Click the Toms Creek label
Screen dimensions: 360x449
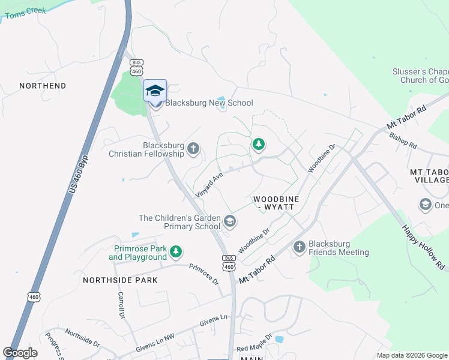tap(25, 11)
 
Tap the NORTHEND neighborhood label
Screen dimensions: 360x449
tap(43, 86)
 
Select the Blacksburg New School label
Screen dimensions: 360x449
tap(209, 103)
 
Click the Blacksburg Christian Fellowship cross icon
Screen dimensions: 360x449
tap(193, 148)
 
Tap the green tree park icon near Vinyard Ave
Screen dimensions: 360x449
tap(259, 144)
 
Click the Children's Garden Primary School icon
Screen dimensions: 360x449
tap(229, 223)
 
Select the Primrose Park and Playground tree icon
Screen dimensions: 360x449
tap(176, 253)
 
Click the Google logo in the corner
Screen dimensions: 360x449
tap(20, 353)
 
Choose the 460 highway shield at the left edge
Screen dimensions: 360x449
tap(34, 297)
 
